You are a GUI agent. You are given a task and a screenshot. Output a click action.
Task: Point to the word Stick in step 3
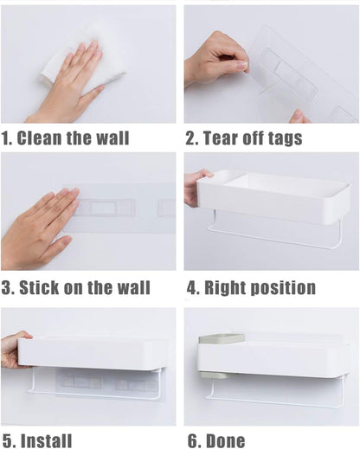pyautogui.click(x=39, y=287)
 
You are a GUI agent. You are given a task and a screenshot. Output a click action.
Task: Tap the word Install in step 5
pyautogui.click(x=46, y=440)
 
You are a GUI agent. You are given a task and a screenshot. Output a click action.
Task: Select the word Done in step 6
pyautogui.click(x=226, y=440)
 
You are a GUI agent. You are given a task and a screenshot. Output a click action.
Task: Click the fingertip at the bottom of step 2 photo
pyautogui.click(x=299, y=117)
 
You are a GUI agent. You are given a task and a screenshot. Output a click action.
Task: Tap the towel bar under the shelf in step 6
pyautogui.click(x=277, y=400)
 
